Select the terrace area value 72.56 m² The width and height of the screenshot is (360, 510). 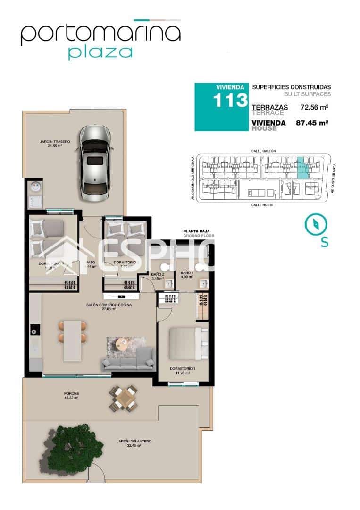(x=314, y=107)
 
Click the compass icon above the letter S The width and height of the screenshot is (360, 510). (x=313, y=224)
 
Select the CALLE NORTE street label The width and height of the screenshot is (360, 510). (x=263, y=204)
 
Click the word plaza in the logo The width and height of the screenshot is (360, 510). (x=100, y=52)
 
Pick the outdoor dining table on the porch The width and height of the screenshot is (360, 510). (x=124, y=398)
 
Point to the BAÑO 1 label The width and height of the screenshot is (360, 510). (x=187, y=273)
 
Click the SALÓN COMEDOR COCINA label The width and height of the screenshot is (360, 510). (x=109, y=305)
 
